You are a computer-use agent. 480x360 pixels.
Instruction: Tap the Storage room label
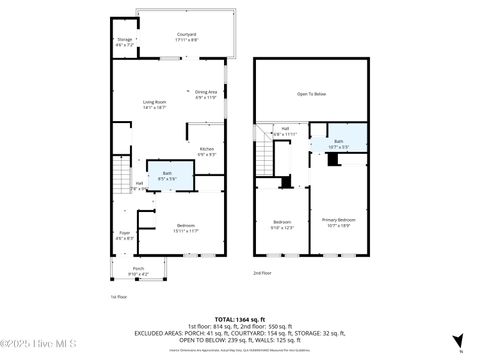click(x=124, y=43)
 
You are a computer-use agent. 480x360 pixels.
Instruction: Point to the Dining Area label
click(x=206, y=94)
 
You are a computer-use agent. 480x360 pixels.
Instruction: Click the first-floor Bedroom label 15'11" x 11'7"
click(x=187, y=228)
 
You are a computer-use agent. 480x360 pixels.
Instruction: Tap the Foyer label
click(x=124, y=236)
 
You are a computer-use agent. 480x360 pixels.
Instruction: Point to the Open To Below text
click(x=311, y=95)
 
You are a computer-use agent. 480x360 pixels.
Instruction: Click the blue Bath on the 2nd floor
click(x=338, y=144)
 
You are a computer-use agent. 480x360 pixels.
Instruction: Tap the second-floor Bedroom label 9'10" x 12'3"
click(x=283, y=224)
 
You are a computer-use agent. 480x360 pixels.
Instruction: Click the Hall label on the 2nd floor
click(x=284, y=131)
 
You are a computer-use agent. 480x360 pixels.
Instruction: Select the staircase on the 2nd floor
click(x=263, y=155)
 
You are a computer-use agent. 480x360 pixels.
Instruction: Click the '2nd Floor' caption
click(x=261, y=272)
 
